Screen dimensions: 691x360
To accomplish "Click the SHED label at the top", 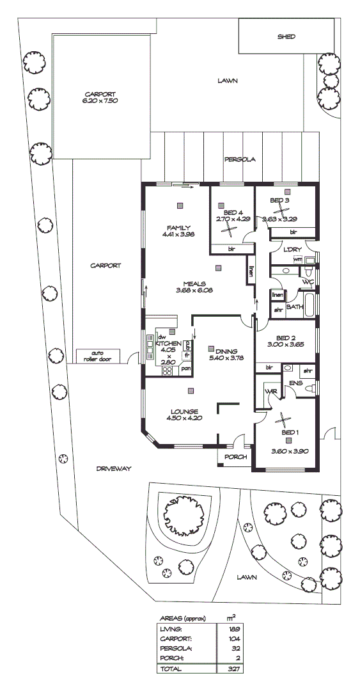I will click(x=286, y=36).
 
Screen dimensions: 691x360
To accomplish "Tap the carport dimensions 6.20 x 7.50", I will click(x=100, y=101).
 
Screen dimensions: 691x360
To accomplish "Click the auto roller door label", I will click(x=97, y=356).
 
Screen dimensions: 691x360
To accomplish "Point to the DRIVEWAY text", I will click(x=113, y=468).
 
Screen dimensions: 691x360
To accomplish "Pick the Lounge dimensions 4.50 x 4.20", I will click(x=184, y=418).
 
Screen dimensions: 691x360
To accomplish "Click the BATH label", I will click(x=295, y=307).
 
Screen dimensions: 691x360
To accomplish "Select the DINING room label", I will click(x=227, y=351).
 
